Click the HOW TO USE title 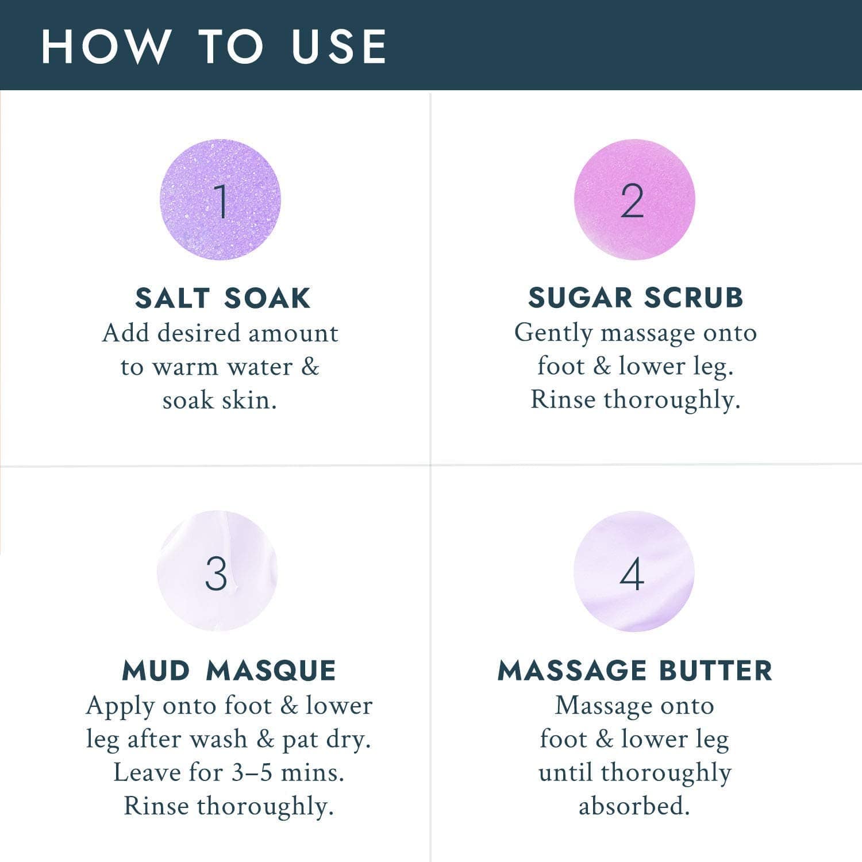coord(214,46)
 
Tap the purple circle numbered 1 coord(220,199)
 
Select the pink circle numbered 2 coord(634,199)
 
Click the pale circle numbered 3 coord(217,571)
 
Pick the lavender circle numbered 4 coord(633,571)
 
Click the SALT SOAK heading coord(223,298)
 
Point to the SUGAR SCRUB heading coord(636,298)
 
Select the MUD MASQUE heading coord(229,671)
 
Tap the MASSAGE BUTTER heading coord(635,671)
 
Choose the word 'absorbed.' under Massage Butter coord(634,806)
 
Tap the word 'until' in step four coord(565,772)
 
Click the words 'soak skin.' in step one coord(220,401)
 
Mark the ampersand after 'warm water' coord(310,367)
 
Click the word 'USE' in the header coord(339,46)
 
